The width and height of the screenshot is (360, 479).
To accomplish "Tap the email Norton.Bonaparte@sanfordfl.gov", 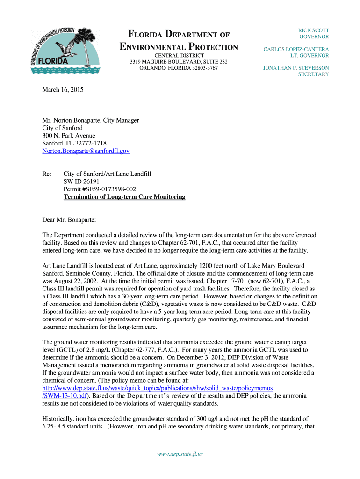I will point(86,151).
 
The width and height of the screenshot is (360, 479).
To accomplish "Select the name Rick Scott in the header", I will point(314,30).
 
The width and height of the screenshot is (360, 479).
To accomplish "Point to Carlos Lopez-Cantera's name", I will point(296,49).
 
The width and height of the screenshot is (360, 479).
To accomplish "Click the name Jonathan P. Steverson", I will point(296,68).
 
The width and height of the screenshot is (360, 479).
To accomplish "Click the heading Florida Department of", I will point(179,35).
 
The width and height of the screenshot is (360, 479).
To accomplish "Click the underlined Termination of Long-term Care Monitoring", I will point(124,197).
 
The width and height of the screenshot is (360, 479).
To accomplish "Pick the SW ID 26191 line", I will point(81,181).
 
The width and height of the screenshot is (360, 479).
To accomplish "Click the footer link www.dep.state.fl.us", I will point(180,454).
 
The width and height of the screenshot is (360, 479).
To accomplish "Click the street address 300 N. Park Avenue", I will point(68,136).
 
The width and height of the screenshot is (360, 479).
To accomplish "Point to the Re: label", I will point(47,174).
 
